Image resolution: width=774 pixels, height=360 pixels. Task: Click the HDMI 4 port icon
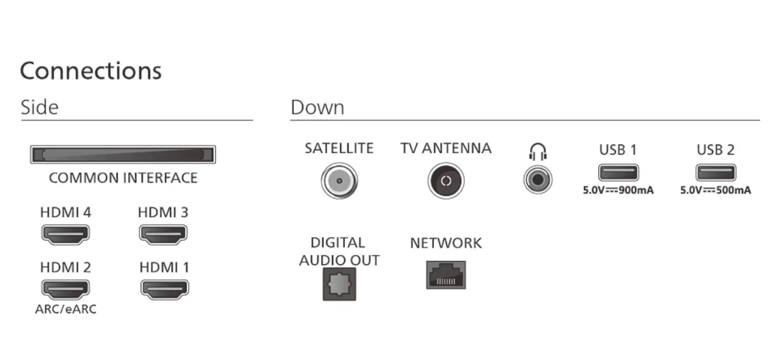(65, 234)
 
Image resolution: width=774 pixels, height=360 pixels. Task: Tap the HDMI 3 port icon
(163, 234)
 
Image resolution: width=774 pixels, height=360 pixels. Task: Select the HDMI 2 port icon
(65, 289)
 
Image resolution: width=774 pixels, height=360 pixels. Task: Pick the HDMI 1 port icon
(164, 289)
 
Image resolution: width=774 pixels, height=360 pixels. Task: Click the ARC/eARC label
(66, 309)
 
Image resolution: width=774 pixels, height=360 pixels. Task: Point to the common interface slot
(123, 155)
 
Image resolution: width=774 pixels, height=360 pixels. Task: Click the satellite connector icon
(339, 182)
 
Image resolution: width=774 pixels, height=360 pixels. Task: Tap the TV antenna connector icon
(445, 182)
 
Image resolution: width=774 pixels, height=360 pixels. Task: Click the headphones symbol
(538, 151)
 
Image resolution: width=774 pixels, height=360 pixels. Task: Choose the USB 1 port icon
(618, 172)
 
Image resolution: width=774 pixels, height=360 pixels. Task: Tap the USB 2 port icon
(715, 172)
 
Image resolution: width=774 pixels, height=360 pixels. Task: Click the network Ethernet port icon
(446, 275)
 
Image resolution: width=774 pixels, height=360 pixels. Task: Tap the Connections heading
(91, 70)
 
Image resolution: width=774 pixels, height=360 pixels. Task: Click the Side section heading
(40, 107)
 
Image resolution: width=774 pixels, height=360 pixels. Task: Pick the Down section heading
(317, 107)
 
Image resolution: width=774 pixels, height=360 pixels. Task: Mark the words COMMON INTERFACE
(123, 178)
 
